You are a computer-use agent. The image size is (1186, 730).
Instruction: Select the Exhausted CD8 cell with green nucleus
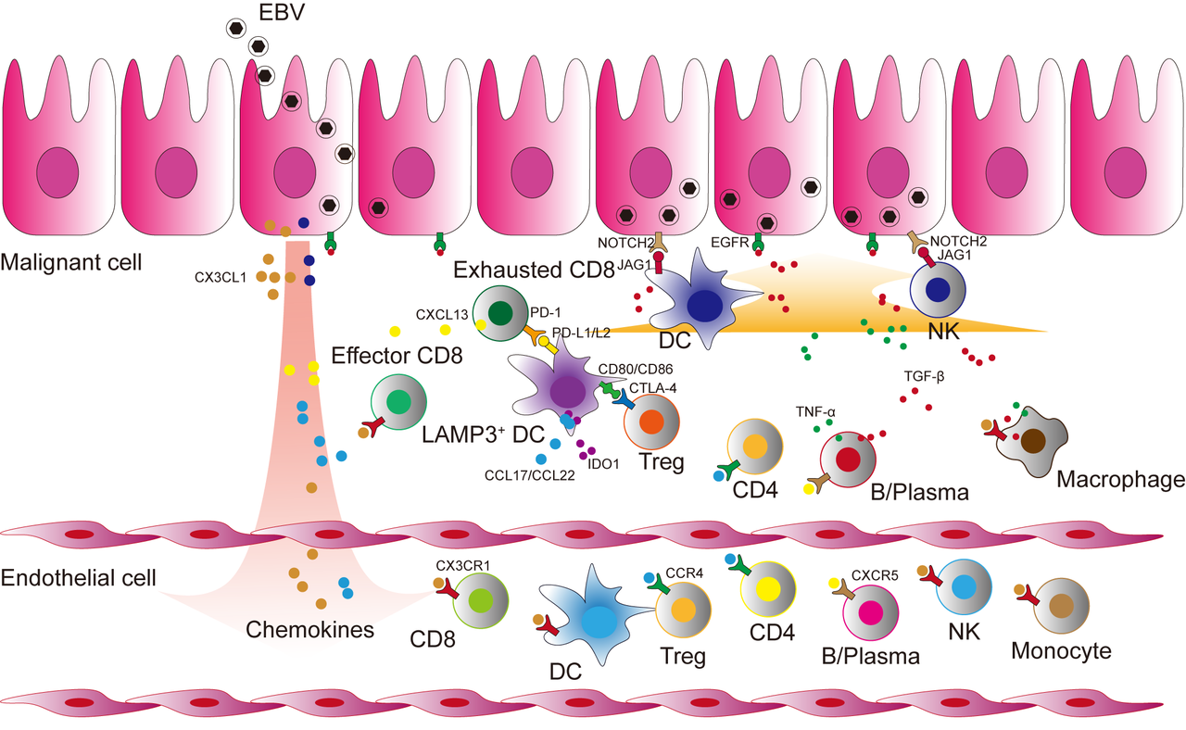coord(500,313)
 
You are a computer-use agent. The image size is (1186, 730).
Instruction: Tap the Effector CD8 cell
coord(398,402)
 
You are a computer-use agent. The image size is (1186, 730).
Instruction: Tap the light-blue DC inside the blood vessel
coord(600,619)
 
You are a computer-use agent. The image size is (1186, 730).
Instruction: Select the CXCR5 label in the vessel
coord(876,574)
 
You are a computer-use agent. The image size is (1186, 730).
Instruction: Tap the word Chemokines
coord(309,630)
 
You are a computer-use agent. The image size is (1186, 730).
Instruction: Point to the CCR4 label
coord(686,573)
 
